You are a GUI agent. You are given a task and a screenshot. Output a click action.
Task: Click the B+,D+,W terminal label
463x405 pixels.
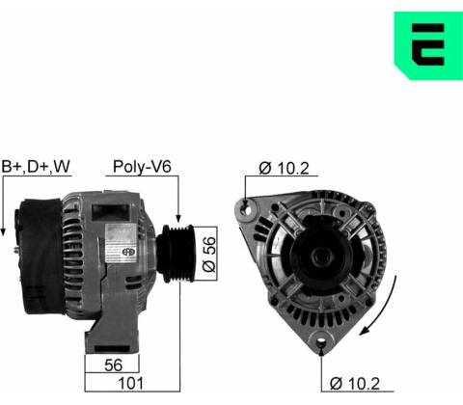click(x=36, y=166)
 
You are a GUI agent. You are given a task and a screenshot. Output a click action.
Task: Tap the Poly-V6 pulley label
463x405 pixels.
click(x=142, y=167)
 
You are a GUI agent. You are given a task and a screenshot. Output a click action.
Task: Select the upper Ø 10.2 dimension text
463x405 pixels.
click(x=284, y=168)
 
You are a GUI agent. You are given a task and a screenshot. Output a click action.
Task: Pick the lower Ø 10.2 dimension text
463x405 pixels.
click(x=355, y=384)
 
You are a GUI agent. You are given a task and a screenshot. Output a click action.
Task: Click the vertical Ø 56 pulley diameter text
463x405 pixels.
click(x=209, y=255)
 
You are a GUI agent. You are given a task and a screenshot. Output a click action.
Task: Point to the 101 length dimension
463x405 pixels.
click(x=131, y=383)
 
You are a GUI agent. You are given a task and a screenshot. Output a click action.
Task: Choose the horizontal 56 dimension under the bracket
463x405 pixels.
click(x=113, y=364)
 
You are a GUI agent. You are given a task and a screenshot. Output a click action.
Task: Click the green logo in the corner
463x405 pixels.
click(x=428, y=45)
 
